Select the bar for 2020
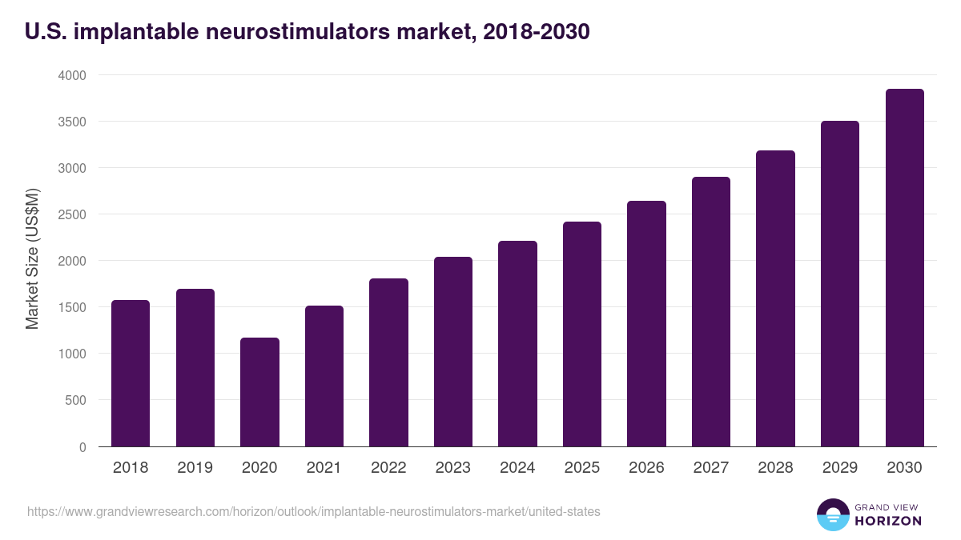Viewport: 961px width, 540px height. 259,392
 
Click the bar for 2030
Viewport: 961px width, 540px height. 904,268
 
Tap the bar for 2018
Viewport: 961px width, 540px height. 131,374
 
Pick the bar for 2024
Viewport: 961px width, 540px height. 517,344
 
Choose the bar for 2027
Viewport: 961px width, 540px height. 711,312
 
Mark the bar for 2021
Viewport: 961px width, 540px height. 324,376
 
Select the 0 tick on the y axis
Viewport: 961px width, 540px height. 82,446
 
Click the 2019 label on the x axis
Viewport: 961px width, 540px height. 195,468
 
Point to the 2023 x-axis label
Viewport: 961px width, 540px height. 452,468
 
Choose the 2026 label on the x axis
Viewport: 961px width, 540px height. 646,468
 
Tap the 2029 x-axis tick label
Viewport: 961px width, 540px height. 840,468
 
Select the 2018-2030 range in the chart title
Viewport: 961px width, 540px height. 532,31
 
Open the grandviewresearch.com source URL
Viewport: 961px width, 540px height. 313,511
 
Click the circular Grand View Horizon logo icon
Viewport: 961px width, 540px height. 832,514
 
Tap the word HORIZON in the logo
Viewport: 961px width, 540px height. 888,521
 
